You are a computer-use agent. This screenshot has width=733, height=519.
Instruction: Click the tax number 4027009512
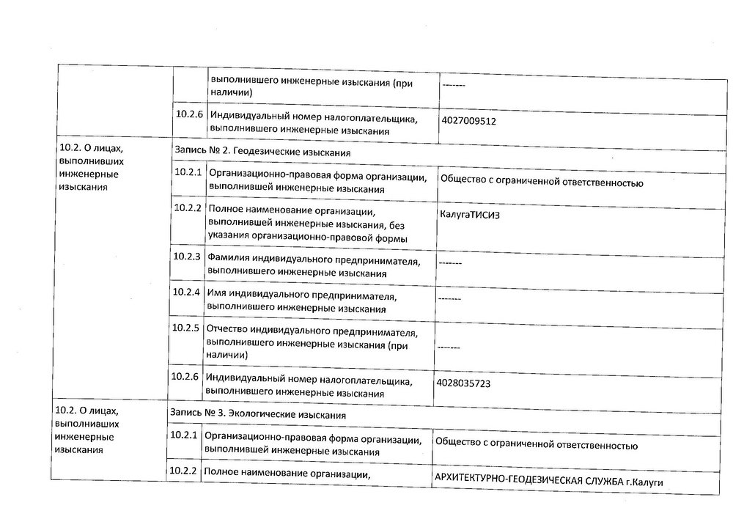click(x=469, y=122)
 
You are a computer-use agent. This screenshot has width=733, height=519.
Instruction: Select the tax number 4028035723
click(x=465, y=383)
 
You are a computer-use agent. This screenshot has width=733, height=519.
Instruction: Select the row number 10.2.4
click(x=186, y=292)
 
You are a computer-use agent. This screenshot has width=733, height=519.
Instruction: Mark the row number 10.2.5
click(x=185, y=328)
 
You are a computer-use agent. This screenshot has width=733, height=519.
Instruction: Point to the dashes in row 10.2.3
click(x=449, y=262)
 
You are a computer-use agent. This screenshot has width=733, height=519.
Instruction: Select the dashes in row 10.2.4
click(x=449, y=298)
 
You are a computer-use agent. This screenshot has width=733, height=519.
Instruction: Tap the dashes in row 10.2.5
click(x=448, y=347)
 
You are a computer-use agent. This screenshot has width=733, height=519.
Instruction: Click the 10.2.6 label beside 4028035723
click(x=185, y=377)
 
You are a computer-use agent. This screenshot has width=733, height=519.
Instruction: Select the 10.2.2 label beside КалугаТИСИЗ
click(x=187, y=207)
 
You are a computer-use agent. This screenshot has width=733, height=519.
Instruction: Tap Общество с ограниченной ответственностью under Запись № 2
click(x=541, y=183)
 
